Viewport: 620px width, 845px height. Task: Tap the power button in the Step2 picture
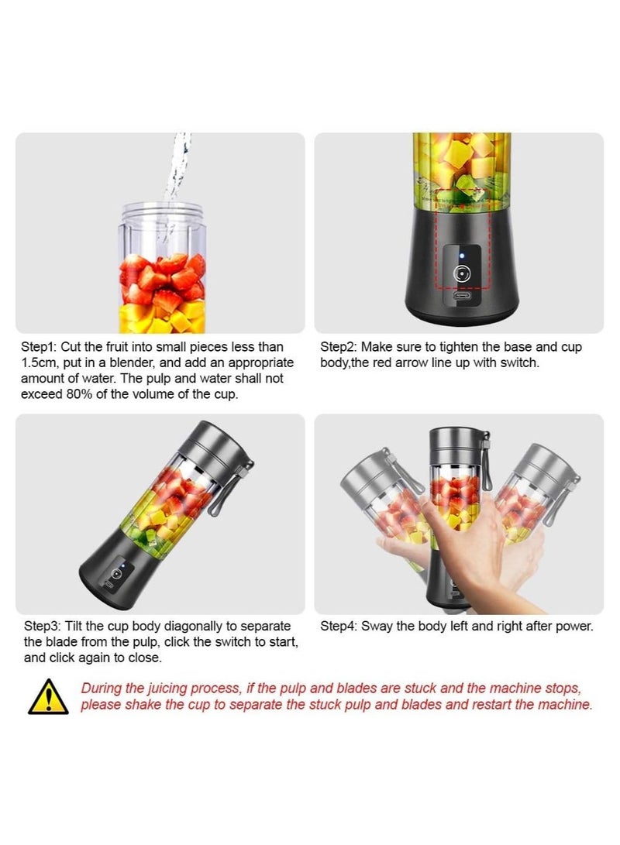click(463, 273)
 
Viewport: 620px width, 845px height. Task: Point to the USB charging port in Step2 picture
click(463, 297)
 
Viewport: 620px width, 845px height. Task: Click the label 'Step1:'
click(43, 347)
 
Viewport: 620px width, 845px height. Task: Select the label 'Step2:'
click(339, 347)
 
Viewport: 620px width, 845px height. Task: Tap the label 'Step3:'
click(43, 626)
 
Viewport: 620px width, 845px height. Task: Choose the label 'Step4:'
click(339, 626)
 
